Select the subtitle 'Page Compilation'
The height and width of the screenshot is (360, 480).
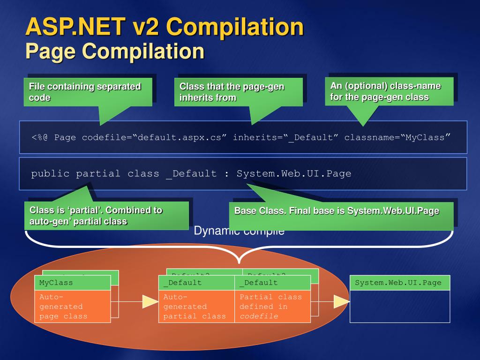pos(115,51)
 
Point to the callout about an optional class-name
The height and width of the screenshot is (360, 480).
pos(390,91)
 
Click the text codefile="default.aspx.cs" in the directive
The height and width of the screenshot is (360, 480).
pos(155,137)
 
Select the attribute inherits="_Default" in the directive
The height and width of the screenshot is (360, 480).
pos(286,137)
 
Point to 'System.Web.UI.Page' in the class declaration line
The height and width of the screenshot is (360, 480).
pos(294,174)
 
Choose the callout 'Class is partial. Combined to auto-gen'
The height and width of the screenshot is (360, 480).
pos(106,216)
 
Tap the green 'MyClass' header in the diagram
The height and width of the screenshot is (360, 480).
pos(72,283)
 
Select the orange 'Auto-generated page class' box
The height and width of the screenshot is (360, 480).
pos(72,306)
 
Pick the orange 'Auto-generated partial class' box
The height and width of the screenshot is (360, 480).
pos(196,306)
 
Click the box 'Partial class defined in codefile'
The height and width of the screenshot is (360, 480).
pos(272,306)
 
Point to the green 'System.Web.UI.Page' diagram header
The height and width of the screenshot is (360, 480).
pos(399,283)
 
